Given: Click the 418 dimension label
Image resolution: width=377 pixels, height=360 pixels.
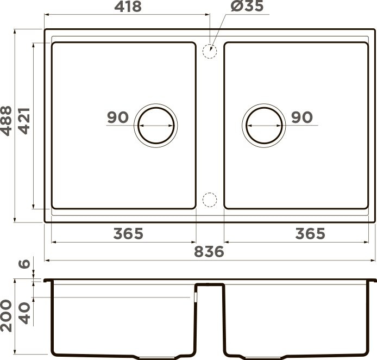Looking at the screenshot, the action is click(128, 7).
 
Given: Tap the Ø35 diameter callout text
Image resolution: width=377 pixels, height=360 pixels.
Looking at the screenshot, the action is click(247, 6).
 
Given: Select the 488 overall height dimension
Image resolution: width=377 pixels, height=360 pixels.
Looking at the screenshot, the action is click(6, 121).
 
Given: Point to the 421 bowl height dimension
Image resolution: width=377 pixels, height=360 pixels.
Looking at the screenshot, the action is click(24, 121).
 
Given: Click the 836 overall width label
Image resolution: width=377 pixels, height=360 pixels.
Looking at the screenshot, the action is click(209, 252).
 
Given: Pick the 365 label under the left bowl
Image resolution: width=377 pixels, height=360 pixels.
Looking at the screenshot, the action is click(128, 233).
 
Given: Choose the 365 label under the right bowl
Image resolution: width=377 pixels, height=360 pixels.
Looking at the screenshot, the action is click(310, 233).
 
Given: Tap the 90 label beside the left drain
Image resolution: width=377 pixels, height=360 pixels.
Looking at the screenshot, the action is click(118, 117).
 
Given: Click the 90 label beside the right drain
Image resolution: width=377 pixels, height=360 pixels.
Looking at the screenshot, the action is click(302, 117).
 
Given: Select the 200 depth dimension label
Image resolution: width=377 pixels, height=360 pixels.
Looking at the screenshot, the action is click(6, 316).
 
